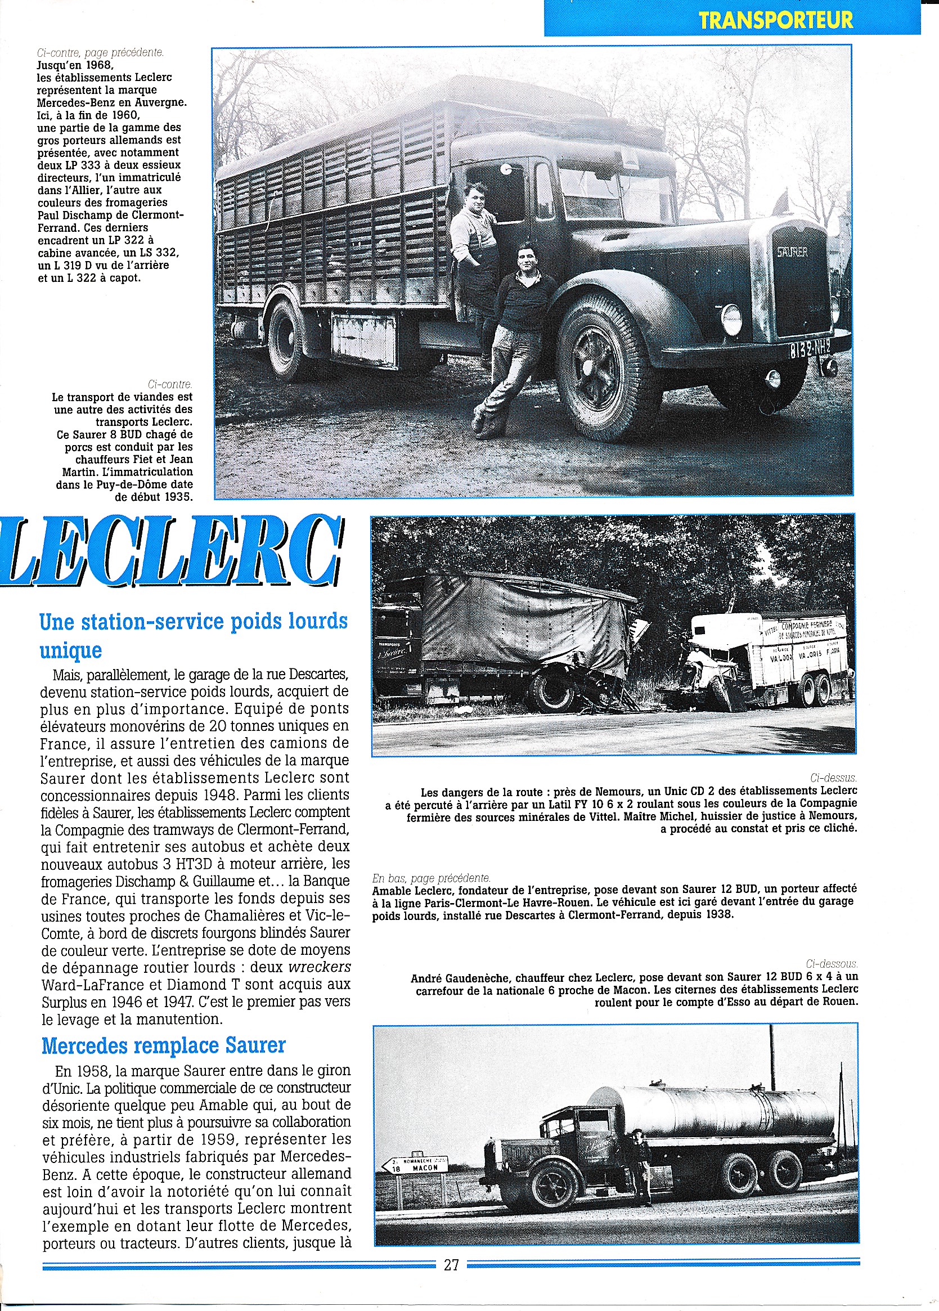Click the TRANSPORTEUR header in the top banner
click(775, 20)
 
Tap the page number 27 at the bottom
click(451, 1265)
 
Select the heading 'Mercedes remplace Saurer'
click(164, 1045)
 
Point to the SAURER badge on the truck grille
click(792, 252)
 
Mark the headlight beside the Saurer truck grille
click(731, 319)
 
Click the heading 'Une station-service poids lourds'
click(194, 621)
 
